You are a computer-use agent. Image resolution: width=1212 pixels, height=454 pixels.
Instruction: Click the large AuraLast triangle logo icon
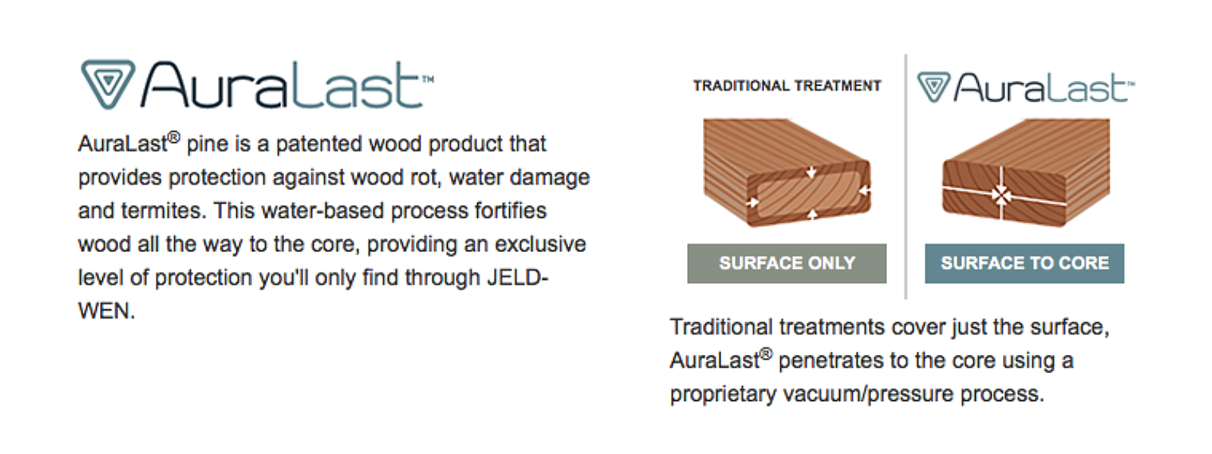click(x=108, y=83)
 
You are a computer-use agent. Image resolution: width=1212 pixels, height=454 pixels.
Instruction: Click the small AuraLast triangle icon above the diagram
click(x=934, y=86)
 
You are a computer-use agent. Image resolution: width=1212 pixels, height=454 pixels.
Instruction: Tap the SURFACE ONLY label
click(x=787, y=263)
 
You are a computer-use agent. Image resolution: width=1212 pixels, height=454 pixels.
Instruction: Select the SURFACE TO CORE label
click(x=1024, y=263)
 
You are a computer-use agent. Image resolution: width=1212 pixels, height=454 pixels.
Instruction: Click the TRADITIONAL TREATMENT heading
click(x=787, y=86)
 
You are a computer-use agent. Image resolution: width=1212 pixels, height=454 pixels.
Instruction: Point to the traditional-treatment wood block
click(x=787, y=173)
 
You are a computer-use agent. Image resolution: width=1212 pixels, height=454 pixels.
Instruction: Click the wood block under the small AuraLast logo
click(x=1026, y=173)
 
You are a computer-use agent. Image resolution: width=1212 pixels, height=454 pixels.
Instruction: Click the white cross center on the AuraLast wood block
click(x=1001, y=194)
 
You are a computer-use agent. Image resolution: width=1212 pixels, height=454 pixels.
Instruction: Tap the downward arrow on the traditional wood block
click(x=811, y=172)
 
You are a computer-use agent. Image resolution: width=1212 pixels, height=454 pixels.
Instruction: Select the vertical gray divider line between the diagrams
click(x=906, y=176)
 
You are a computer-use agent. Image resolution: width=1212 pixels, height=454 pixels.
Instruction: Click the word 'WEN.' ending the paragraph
click(x=107, y=311)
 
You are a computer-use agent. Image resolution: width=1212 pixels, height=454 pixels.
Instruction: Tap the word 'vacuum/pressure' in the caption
click(x=868, y=394)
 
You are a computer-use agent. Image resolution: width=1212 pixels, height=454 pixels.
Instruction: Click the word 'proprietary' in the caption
click(x=723, y=394)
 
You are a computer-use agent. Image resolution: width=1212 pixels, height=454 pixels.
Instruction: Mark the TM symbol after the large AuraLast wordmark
click(x=428, y=79)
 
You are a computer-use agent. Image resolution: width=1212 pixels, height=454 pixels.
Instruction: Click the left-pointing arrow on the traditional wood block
click(x=864, y=190)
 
